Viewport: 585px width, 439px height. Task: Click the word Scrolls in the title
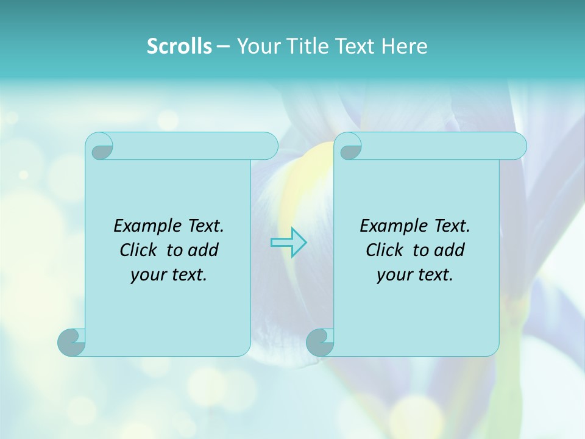click(179, 46)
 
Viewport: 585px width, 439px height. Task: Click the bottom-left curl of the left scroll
click(72, 342)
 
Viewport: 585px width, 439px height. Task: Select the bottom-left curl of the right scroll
click(321, 342)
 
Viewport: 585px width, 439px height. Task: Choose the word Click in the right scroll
click(384, 250)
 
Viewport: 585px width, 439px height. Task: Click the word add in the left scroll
click(203, 250)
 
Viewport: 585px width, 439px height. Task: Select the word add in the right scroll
click(449, 250)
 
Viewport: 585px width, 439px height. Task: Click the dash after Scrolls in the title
click(222, 46)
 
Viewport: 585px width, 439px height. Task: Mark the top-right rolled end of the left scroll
click(267, 146)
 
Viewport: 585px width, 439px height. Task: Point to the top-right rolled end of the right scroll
click(516, 146)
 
